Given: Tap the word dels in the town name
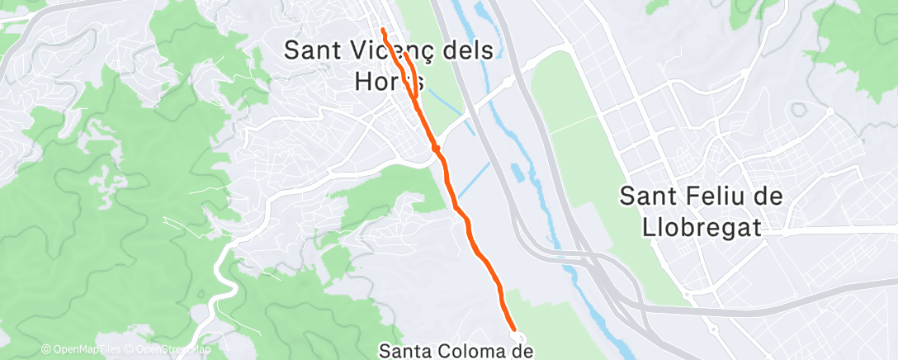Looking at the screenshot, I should [467, 50].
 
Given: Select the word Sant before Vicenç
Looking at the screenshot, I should [312, 50].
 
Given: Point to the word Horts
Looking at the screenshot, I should [389, 81].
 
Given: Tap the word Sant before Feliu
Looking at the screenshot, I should [648, 197].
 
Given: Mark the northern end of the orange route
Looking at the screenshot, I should [383, 31].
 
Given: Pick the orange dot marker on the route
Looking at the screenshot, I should [436, 148].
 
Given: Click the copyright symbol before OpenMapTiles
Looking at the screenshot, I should [45, 350].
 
